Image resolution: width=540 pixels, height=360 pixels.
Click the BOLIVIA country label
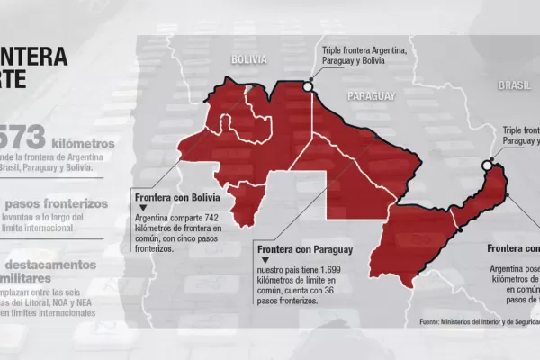tap(248, 58)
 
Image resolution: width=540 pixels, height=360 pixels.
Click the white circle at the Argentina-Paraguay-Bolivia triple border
tap(309, 87)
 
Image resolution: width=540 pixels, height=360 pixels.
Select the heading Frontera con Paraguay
tap(302, 249)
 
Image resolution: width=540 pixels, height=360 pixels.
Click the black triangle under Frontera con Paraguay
tap(257, 260)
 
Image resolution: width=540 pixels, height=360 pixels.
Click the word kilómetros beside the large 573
tap(84, 143)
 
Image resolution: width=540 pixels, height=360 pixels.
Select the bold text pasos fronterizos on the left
tap(64, 204)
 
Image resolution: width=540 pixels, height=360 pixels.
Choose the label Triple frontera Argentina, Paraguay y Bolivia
tap(364, 55)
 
